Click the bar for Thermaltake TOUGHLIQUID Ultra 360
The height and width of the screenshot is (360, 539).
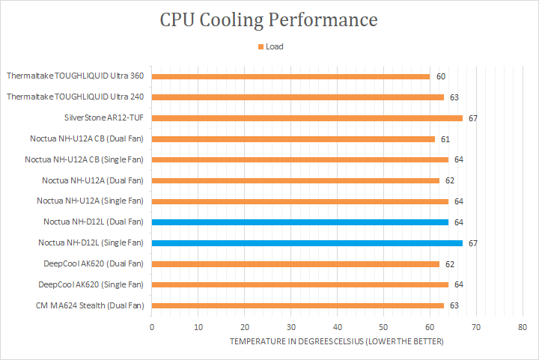(x=290, y=76)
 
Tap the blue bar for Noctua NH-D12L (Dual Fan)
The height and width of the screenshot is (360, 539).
(x=299, y=222)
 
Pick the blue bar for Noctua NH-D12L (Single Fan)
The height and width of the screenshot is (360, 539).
(x=307, y=243)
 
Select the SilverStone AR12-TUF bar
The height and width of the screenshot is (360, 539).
(x=307, y=118)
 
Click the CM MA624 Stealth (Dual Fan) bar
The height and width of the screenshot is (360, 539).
(x=297, y=305)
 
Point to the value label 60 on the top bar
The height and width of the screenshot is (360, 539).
(x=441, y=76)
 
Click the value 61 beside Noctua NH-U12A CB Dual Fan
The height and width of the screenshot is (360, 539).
(x=445, y=139)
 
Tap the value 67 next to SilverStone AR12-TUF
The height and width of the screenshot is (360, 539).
(x=473, y=118)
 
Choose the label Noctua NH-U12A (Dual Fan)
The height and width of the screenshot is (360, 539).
(x=93, y=180)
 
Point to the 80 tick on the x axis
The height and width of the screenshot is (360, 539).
(x=523, y=327)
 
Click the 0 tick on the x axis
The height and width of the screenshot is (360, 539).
(x=152, y=327)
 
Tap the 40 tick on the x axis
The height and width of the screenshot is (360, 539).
(x=338, y=327)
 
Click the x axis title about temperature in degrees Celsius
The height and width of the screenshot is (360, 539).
(x=336, y=341)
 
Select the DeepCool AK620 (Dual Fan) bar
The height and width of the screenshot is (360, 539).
(x=295, y=264)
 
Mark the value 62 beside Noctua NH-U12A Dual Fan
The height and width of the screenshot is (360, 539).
(x=450, y=180)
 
